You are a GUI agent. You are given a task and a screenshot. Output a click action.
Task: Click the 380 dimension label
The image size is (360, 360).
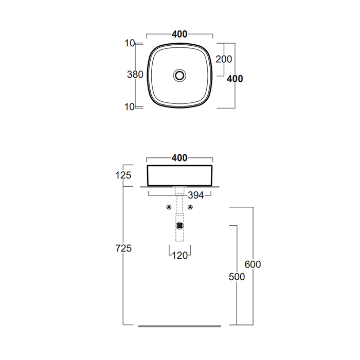[135, 75]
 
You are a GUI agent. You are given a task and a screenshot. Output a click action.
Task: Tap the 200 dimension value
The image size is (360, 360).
[224, 59]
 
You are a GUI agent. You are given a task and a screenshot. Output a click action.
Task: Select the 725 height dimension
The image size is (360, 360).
[123, 248]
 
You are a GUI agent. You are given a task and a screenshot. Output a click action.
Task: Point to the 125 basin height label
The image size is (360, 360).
[123, 175]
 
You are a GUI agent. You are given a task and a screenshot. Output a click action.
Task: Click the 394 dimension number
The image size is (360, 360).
[196, 195]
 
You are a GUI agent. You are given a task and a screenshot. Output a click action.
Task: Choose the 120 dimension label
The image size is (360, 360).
[179, 256]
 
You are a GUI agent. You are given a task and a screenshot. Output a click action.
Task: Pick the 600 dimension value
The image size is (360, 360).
[253, 264]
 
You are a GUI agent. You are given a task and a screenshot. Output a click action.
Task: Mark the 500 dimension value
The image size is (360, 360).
[237, 277]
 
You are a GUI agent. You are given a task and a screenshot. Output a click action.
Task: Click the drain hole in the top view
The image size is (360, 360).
[179, 75]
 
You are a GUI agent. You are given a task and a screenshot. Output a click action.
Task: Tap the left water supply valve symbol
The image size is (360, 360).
[169, 207]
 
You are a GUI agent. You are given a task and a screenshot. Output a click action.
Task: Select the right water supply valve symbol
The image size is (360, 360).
[190, 207]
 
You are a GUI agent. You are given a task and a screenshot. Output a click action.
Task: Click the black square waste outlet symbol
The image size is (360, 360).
[179, 226]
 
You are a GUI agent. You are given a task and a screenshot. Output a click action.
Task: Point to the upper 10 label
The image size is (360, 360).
[130, 43]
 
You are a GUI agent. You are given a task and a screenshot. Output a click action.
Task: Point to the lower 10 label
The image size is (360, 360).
[130, 107]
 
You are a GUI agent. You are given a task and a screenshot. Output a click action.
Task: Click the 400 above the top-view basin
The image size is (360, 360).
[179, 34]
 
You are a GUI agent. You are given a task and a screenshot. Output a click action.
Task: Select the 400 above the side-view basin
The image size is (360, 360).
[179, 158]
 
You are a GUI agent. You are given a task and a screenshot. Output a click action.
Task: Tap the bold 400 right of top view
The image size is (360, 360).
[235, 79]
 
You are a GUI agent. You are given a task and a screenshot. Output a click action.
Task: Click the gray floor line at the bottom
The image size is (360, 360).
[179, 326]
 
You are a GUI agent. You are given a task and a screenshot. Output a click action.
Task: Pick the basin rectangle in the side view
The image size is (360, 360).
[179, 176]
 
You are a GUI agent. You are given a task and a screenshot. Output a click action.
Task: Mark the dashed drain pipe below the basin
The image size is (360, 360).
[179, 214]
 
